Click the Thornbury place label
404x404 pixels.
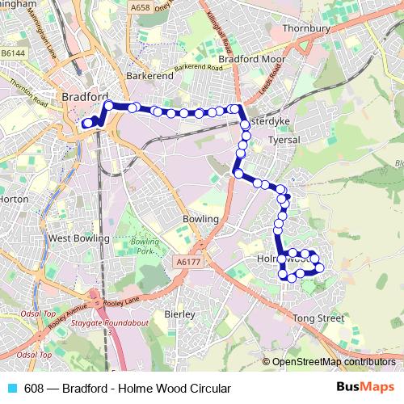click(x=307, y=28)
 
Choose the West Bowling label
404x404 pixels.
click(x=78, y=238)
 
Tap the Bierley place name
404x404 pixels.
click(x=179, y=314)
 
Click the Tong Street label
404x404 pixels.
click(x=319, y=319)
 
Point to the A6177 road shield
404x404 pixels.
click(x=185, y=263)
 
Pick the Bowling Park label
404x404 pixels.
click(x=145, y=247)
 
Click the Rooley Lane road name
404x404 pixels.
click(x=120, y=301)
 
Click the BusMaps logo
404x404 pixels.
click(x=370, y=388)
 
